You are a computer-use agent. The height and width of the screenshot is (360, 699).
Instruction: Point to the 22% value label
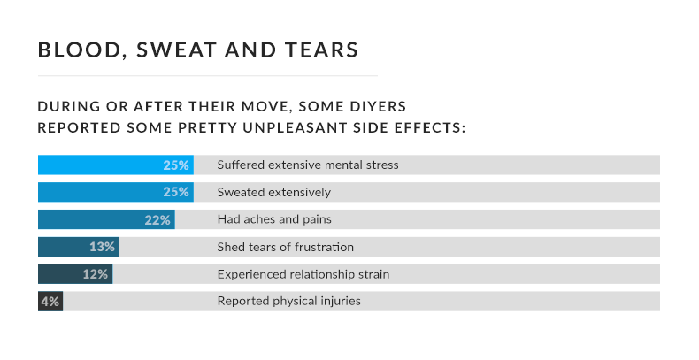click(x=157, y=220)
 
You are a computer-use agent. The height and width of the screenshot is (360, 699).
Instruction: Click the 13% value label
click(x=103, y=248)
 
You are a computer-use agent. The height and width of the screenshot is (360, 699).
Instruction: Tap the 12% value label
click(x=96, y=275)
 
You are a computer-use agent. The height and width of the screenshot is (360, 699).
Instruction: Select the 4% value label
click(x=50, y=302)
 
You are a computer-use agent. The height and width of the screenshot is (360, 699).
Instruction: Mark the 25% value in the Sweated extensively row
click(x=176, y=193)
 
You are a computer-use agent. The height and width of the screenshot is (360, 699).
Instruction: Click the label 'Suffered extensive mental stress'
click(x=308, y=165)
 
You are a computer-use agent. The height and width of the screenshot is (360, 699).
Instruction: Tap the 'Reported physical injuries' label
click(x=289, y=302)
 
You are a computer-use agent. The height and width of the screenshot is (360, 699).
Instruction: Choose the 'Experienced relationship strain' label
click(x=303, y=274)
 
